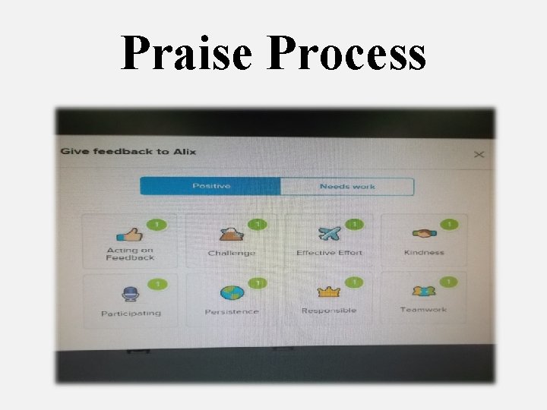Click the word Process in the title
[x=347, y=54]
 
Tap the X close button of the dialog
[x=479, y=155]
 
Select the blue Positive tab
[x=211, y=186]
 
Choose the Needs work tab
[x=347, y=186]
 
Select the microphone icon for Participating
[x=130, y=294]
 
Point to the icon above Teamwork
[x=423, y=292]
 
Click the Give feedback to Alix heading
[x=128, y=151]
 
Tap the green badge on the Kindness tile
[x=450, y=224]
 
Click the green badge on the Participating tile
[x=157, y=284]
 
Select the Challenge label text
[x=232, y=253]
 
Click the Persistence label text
[x=232, y=311]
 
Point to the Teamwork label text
[x=423, y=310]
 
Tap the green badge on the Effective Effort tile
[x=354, y=224]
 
